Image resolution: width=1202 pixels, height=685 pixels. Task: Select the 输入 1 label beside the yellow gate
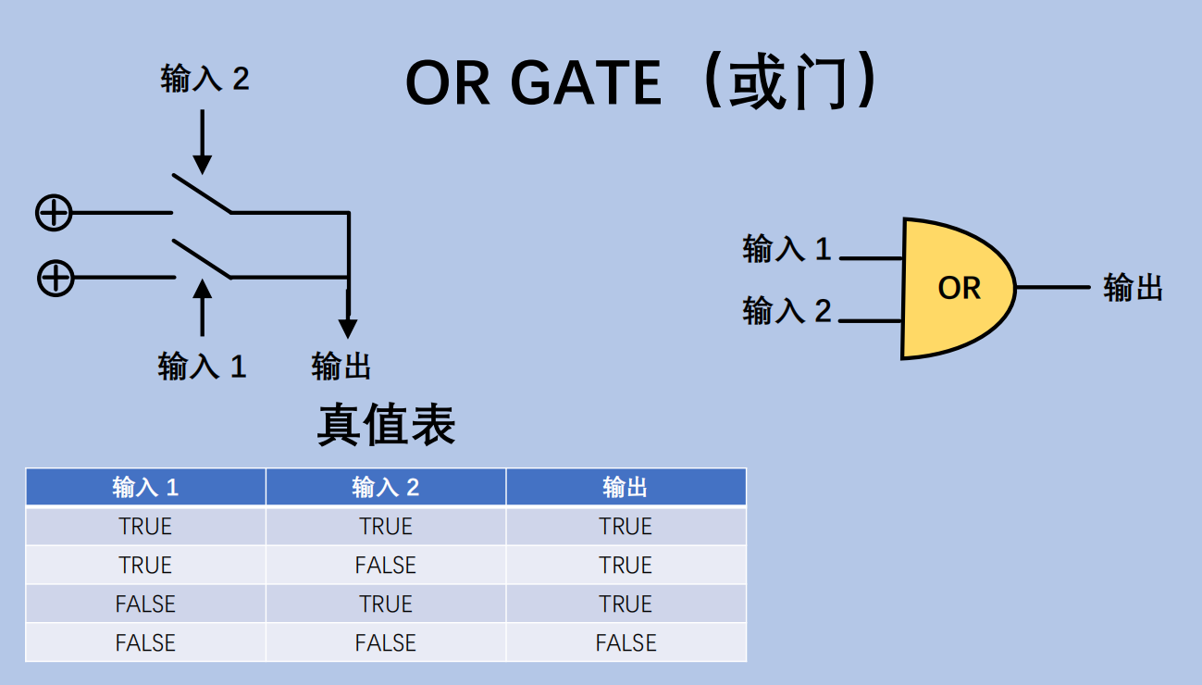[787, 249]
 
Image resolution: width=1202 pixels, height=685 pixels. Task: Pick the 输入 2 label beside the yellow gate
[787, 311]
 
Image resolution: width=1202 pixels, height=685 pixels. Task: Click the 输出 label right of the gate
[1133, 288]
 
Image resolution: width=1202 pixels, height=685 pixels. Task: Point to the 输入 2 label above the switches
[204, 79]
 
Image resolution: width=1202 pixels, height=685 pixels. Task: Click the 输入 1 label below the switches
[202, 367]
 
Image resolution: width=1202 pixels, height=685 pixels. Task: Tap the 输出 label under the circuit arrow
[341, 367]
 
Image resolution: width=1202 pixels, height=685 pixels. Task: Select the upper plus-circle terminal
[54, 213]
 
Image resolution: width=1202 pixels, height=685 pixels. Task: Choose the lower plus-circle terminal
[56, 277]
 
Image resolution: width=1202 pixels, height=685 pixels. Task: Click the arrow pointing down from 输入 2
[203, 139]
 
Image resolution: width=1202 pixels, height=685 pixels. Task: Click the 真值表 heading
[386, 426]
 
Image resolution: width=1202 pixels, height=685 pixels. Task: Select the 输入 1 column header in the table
[145, 487]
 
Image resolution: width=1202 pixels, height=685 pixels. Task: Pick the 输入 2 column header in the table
[386, 487]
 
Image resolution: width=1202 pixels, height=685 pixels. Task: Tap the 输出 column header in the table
[626, 487]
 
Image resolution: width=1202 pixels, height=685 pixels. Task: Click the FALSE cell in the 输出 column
[626, 642]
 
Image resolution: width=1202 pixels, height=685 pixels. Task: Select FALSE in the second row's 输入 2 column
[386, 565]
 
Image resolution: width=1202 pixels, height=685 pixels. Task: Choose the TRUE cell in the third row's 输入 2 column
[386, 604]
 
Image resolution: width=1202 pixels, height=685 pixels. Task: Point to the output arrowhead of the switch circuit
[347, 328]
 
